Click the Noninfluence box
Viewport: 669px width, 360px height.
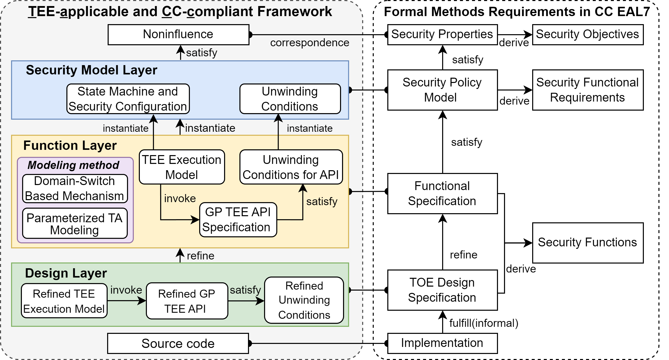click(x=178, y=34)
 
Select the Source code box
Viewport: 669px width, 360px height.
click(x=178, y=343)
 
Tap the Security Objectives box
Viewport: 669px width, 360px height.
click(x=588, y=34)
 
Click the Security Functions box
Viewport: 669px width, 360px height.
click(x=588, y=243)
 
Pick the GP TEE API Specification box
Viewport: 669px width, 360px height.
click(x=238, y=219)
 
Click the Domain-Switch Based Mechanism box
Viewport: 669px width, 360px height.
click(x=75, y=189)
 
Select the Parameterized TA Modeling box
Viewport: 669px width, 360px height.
click(x=75, y=223)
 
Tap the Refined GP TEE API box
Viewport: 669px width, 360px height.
click(x=187, y=301)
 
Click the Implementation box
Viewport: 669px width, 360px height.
click(x=442, y=343)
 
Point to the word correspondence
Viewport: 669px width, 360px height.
click(x=310, y=43)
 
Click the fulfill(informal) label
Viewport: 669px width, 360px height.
click(x=484, y=323)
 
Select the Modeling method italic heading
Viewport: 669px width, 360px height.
click(x=73, y=165)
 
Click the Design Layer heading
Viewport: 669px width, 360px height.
click(x=66, y=273)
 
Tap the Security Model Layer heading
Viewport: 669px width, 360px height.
click(x=91, y=70)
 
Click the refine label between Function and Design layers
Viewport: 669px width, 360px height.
click(x=200, y=256)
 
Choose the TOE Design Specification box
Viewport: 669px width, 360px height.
click(x=442, y=290)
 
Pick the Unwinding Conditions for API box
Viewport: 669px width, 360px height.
click(x=291, y=167)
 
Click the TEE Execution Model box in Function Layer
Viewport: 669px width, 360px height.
click(x=182, y=167)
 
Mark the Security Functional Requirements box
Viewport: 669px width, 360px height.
click(x=588, y=90)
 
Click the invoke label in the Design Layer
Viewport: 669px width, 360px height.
click(x=126, y=290)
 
